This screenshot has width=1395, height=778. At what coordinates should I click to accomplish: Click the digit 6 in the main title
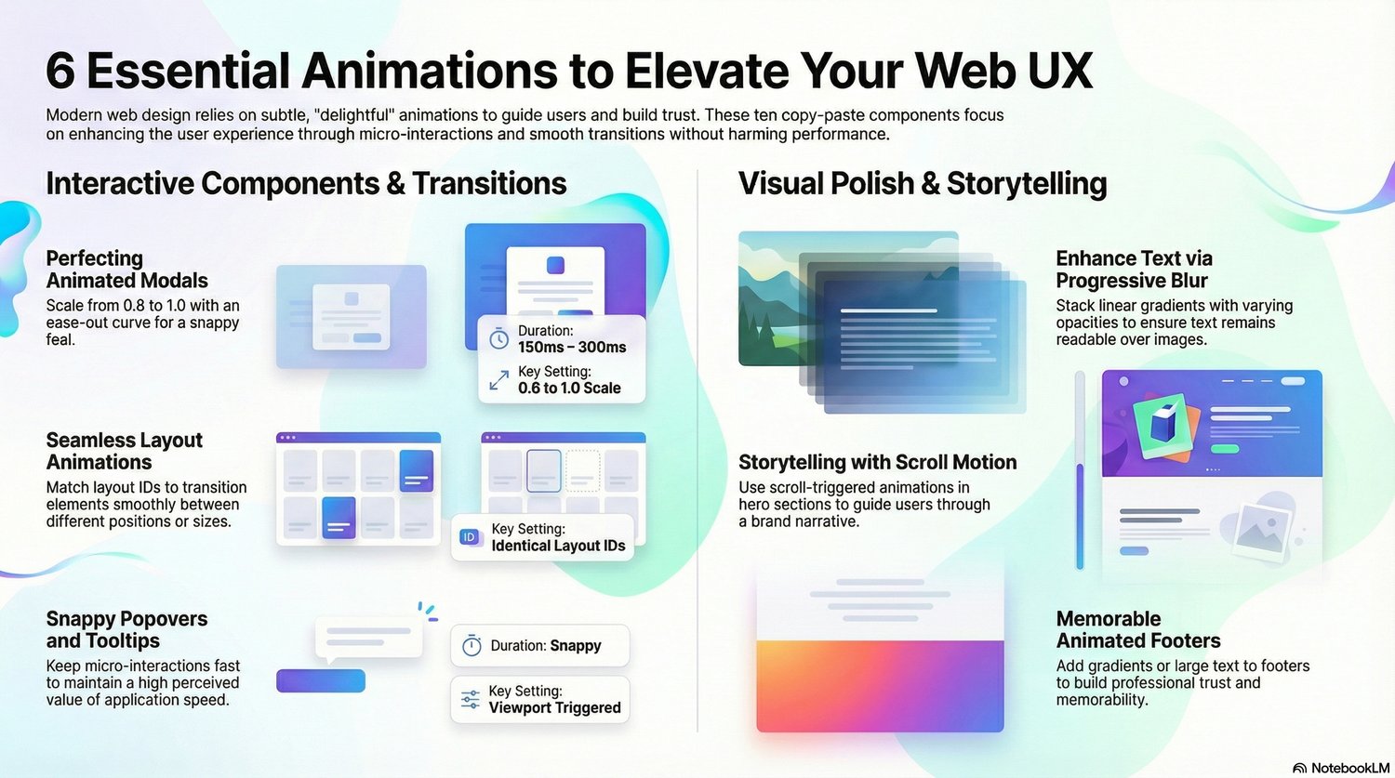click(x=60, y=72)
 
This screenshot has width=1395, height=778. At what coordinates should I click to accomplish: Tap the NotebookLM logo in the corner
click(x=1300, y=768)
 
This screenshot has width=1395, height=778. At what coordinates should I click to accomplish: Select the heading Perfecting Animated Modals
click(x=127, y=270)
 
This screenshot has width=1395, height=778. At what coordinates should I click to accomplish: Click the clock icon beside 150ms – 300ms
click(x=498, y=339)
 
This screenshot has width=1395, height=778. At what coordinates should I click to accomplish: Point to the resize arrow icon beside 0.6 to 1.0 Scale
click(x=498, y=380)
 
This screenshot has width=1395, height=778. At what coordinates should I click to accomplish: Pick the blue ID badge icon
click(x=470, y=537)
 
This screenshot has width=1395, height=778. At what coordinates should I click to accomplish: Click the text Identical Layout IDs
click(x=558, y=546)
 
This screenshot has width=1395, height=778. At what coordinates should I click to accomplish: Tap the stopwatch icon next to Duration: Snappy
click(x=472, y=645)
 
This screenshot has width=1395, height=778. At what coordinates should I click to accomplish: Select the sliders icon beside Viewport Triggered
click(x=471, y=700)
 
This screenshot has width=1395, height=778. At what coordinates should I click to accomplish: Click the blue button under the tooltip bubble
click(x=321, y=681)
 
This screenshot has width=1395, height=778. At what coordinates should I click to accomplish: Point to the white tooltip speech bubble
click(x=368, y=639)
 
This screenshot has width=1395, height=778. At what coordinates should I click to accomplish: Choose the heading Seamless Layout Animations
click(x=124, y=451)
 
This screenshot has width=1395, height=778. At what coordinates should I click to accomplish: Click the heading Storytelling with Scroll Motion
click(x=878, y=463)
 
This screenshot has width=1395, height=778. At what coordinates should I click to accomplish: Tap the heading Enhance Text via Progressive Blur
click(x=1134, y=270)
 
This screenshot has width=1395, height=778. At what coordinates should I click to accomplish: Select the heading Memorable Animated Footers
click(x=1138, y=630)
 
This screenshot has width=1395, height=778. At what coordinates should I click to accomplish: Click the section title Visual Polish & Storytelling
click(x=923, y=184)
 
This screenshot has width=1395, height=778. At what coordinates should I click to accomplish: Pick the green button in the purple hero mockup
click(x=1225, y=449)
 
